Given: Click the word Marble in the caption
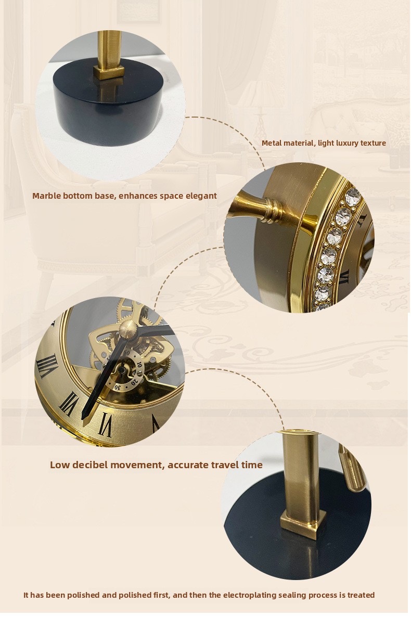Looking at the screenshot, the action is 46,196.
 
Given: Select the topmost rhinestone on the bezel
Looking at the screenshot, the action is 352,195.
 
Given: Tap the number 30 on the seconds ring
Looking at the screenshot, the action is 117,387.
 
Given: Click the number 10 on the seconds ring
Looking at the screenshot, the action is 140,364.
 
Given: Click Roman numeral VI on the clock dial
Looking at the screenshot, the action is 105,424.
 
